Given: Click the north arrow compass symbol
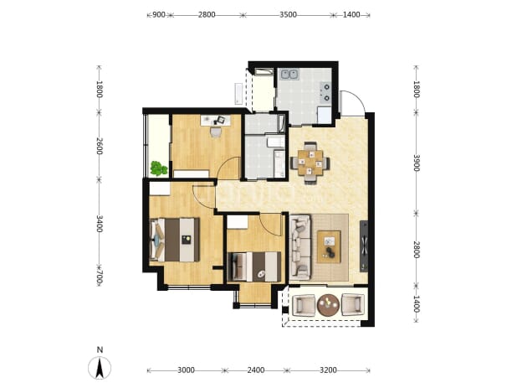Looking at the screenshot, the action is pos(100,368).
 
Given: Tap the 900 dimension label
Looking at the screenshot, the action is pos(159,15).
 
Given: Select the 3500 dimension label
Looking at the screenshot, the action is pos(288,15).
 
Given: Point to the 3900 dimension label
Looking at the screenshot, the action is pos(417,163).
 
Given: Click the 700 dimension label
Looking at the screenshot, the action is pos(100,277).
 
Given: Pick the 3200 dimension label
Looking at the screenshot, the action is pos(328,370).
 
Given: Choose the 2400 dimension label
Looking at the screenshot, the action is pos(256,370).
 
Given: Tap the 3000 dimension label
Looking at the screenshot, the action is pos(186,370).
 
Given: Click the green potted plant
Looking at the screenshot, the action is pos(159,168).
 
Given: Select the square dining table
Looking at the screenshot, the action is pos(310,163).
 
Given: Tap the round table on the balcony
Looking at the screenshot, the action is pos(328,304).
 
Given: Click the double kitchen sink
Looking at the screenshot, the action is pos(289,75).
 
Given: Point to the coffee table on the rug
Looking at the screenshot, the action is pos(329,246).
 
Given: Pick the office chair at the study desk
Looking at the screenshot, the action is pos(216,132).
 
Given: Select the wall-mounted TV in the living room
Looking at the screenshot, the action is pos(364,246).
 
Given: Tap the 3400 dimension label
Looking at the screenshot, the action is pos(100,224).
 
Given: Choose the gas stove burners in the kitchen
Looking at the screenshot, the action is pos(326,92).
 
